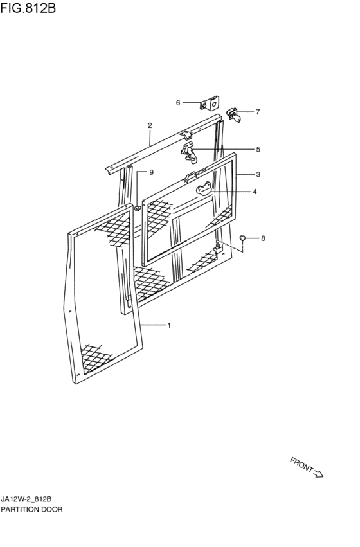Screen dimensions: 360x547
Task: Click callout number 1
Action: (x=169, y=325)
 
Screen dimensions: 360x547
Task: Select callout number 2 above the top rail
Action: (x=150, y=125)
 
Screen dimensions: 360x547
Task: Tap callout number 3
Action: (x=258, y=174)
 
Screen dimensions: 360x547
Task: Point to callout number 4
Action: (x=255, y=192)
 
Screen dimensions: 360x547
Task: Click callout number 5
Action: (x=258, y=149)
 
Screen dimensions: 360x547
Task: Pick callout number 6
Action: (x=178, y=103)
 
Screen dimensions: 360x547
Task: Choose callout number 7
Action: (x=258, y=112)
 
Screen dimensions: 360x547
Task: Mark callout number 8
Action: (x=263, y=238)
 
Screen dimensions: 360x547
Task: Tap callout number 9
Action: (x=152, y=172)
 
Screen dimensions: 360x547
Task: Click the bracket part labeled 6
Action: (x=210, y=103)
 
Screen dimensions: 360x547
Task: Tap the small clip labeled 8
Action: (x=242, y=238)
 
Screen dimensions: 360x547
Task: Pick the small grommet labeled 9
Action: (x=138, y=208)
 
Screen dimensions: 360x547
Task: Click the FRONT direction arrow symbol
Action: (x=319, y=474)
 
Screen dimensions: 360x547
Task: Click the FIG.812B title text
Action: (x=28, y=7)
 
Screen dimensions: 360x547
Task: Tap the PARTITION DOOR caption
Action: (x=32, y=509)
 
